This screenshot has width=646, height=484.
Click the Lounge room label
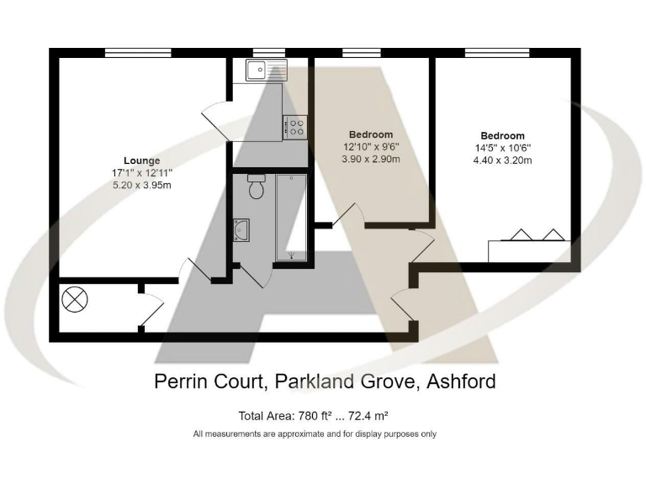coord(141,160)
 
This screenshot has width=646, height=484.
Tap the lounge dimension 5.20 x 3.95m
coord(141,185)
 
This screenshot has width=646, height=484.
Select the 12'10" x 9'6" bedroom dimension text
coord(371,147)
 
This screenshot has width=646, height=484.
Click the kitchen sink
coord(265,71)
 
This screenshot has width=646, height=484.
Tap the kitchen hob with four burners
coord(295,127)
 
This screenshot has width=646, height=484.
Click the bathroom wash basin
coord(241,229)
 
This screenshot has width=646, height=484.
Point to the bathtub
coord(291,216)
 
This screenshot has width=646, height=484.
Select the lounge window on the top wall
coord(138,53)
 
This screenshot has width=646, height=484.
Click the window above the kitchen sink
coord(268,53)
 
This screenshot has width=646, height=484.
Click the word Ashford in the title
coord(461,381)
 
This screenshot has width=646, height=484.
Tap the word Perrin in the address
coord(182,381)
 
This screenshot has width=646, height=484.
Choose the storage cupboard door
coord(150,308)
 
